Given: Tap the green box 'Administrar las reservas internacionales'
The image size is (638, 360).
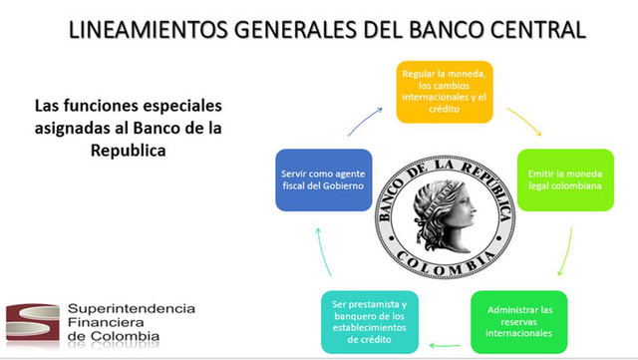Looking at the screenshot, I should tap(517, 322).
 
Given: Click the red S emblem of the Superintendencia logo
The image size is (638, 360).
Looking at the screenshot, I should tap(31, 323).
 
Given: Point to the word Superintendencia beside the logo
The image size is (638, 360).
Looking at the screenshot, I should tap(131, 309).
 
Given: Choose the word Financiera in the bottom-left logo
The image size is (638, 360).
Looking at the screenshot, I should tap(104, 323).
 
